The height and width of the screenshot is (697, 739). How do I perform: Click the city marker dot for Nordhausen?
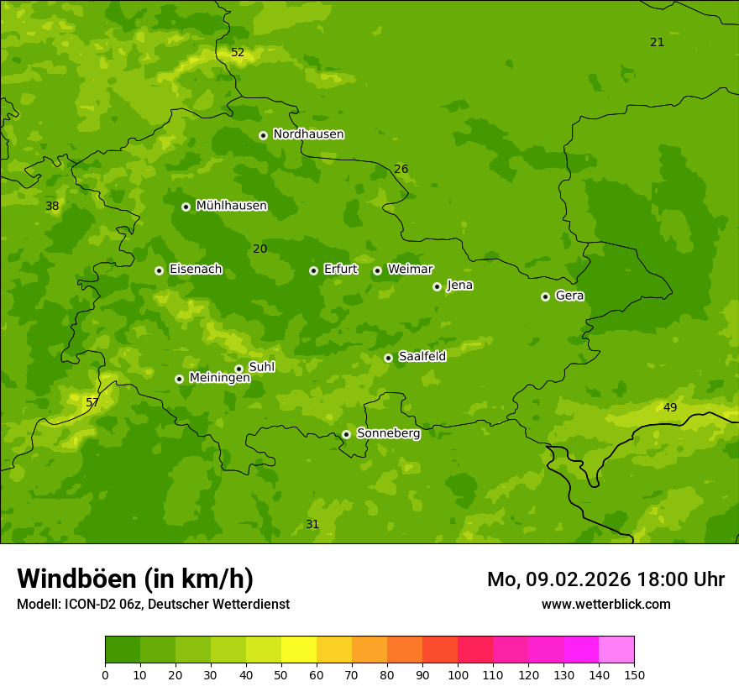point(263,135)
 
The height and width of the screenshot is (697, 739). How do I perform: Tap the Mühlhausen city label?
point(231,206)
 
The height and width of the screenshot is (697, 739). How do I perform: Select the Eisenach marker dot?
point(159,270)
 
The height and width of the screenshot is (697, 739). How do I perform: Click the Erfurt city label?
point(340,270)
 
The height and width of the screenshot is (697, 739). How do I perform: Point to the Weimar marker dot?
point(377,270)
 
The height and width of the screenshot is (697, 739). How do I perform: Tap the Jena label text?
point(459,286)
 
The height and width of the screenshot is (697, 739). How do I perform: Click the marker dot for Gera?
point(545,296)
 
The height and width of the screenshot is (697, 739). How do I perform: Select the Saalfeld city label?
point(422,357)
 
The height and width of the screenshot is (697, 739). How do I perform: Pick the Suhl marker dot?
point(238,369)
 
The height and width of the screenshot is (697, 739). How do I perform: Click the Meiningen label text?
point(219,379)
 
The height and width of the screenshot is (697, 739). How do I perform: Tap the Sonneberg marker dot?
point(346,434)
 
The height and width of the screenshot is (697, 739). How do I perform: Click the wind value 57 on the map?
point(92,403)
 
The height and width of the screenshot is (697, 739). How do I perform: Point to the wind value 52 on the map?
point(238,53)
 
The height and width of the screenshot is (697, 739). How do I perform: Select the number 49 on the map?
point(670,408)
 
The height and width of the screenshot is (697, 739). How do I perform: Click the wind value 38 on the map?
point(52,207)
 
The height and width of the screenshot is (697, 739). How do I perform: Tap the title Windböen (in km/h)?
point(135,579)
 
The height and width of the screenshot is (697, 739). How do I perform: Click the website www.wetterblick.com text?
point(605,605)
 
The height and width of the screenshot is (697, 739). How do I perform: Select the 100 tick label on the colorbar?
point(458,674)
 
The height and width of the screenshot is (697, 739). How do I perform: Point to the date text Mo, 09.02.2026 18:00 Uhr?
point(605,579)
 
